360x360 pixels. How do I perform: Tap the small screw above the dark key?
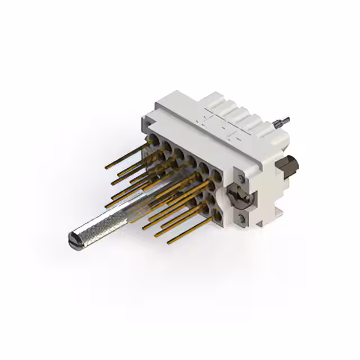tap(240, 179)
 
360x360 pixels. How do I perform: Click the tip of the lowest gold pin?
tap(169, 242)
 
